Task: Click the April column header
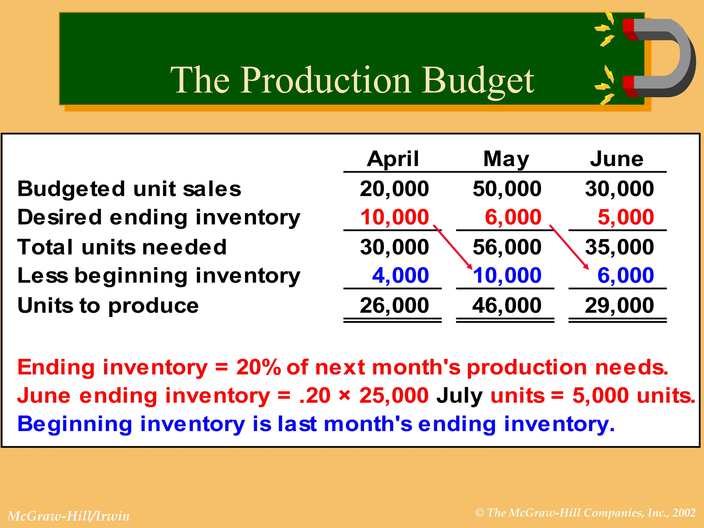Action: tap(393, 159)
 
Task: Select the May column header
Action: tap(506, 159)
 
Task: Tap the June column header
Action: tap(617, 159)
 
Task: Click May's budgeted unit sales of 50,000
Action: tap(507, 189)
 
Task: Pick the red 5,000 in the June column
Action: tap(626, 217)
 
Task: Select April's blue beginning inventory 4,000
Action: tap(400, 275)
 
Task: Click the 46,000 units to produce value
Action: tap(507, 305)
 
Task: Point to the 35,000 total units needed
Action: tap(619, 247)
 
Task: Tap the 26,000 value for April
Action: tap(394, 305)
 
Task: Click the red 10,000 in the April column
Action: tap(395, 217)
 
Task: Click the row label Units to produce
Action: tap(108, 306)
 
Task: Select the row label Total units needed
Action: tap(122, 247)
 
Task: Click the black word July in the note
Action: tap(459, 396)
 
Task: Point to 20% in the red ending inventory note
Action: tap(258, 367)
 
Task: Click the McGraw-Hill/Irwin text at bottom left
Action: tap(68, 516)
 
